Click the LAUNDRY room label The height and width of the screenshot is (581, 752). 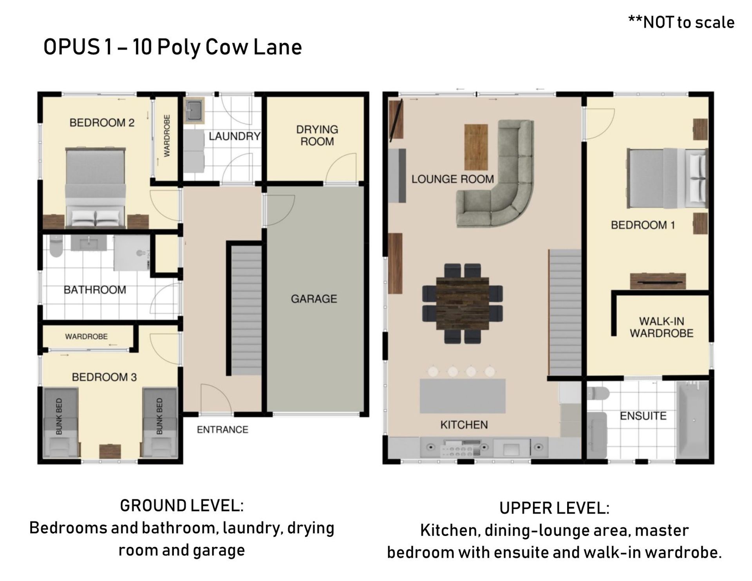[234, 136]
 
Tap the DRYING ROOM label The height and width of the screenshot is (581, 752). [317, 135]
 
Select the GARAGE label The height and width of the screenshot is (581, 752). [314, 299]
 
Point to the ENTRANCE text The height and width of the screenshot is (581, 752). [222, 430]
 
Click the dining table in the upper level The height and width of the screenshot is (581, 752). [463, 303]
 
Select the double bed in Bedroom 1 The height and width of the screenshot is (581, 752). [667, 179]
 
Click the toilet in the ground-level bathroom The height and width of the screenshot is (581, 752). [56, 246]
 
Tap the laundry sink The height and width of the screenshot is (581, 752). [195, 110]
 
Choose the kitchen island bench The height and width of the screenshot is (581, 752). [463, 395]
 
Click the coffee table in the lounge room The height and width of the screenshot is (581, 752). [476, 147]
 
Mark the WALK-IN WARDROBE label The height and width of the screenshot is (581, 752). [662, 327]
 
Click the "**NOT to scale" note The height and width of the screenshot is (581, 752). [681, 22]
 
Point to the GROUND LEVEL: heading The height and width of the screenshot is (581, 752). [182, 506]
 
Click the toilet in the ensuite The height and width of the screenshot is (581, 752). [598, 393]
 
